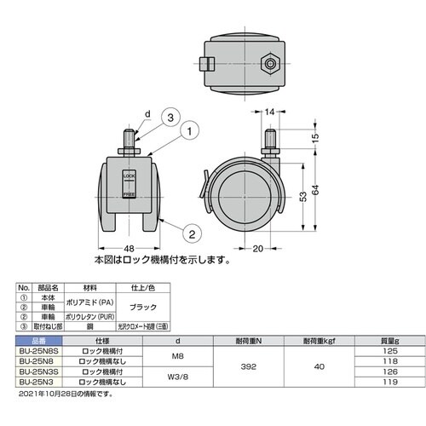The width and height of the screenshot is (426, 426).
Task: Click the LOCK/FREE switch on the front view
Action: pos(130,186)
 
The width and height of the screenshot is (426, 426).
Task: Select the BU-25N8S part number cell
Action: pos(37,351)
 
